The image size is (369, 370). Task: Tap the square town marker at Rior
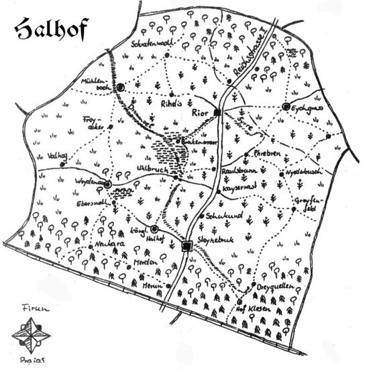(217, 112)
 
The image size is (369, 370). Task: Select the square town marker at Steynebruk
(187, 246)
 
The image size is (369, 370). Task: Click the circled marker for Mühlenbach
(121, 87)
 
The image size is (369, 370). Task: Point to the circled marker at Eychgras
(286, 107)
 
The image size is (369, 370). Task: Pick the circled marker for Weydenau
(107, 183)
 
